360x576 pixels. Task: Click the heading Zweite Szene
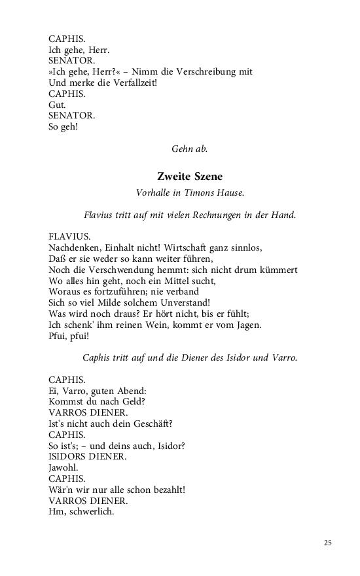coord(190,176)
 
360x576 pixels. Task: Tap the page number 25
coord(327,543)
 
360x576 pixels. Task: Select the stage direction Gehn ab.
coord(190,149)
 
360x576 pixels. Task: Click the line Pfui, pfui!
coord(69,336)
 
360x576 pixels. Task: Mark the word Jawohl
coord(63,468)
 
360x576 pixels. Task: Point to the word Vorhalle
coord(153,193)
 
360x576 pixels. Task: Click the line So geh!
coord(63,126)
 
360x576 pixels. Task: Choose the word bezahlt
coord(164,490)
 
